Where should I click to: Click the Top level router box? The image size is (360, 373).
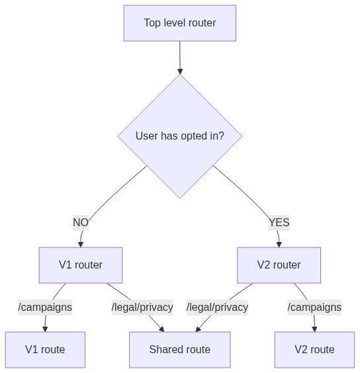point(180,23)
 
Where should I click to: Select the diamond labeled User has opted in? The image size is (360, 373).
point(180,136)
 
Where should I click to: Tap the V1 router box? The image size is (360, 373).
point(81,265)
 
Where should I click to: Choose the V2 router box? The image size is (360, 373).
point(279,265)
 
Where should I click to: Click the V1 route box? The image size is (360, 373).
point(45,350)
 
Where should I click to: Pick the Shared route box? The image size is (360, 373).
point(180,350)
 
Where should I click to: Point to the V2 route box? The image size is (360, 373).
point(314,350)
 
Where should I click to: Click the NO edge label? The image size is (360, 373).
point(81,223)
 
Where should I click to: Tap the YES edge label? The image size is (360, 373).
point(279,223)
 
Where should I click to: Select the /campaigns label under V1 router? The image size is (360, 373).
point(45,308)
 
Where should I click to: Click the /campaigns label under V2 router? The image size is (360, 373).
point(314,308)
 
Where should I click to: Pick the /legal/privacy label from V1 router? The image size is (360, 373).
point(142,308)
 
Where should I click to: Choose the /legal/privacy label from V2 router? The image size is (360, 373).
point(217,308)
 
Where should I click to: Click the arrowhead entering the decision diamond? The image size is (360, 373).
point(180,71)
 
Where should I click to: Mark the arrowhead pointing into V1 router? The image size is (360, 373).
point(81,244)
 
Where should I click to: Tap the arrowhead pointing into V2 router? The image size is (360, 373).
point(279,244)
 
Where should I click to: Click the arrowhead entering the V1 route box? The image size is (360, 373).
point(45,329)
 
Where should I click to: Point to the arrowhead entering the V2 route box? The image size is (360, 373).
point(314,329)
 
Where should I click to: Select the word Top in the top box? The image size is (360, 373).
point(152,23)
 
